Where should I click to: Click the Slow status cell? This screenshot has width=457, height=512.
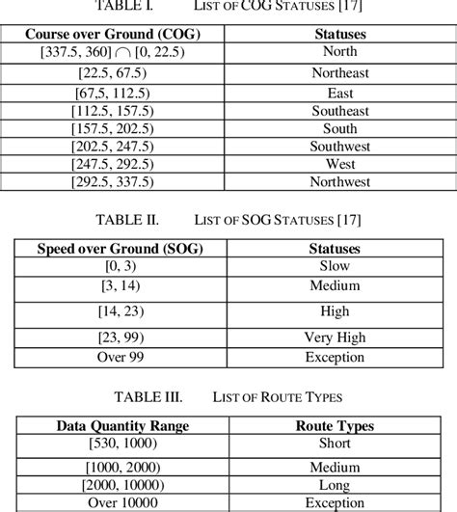click(x=335, y=265)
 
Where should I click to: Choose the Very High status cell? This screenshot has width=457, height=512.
click(x=335, y=338)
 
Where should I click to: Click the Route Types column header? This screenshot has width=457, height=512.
click(x=335, y=425)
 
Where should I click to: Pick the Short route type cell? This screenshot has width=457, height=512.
click(x=335, y=443)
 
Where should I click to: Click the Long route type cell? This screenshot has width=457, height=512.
click(x=335, y=482)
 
